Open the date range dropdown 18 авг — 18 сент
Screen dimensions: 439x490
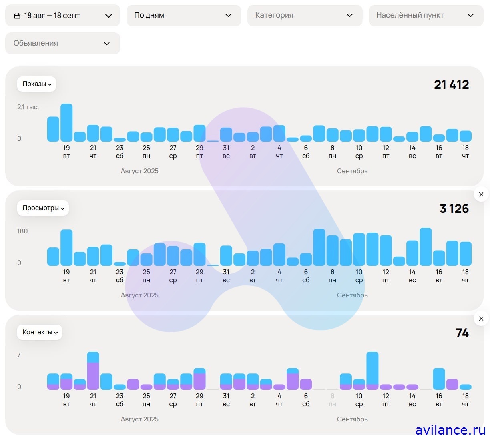coord(63,16)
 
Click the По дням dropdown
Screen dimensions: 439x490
coord(184,16)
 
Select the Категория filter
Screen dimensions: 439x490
coord(305,16)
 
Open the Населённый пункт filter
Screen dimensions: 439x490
coord(426,16)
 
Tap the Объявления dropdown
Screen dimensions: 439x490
coord(63,43)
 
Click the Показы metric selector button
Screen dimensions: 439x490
coord(37,84)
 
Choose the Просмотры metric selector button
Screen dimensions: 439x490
coord(43,208)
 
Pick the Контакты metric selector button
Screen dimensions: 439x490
coord(40,332)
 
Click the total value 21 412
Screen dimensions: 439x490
coord(451,85)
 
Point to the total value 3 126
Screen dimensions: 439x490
coord(454,209)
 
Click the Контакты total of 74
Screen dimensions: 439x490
coord(462,333)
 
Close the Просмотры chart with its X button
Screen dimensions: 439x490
coord(481,194)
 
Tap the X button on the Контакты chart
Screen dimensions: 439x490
coord(481,319)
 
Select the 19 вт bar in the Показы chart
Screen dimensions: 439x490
coord(66,123)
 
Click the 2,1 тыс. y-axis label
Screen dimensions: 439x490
coord(28,107)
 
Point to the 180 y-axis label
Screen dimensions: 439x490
coord(22,231)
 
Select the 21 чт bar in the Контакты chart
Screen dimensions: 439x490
coord(93,371)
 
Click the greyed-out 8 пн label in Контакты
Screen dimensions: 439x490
coord(332,400)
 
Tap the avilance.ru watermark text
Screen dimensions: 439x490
coord(450,430)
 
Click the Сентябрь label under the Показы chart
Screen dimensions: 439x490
coord(352,171)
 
